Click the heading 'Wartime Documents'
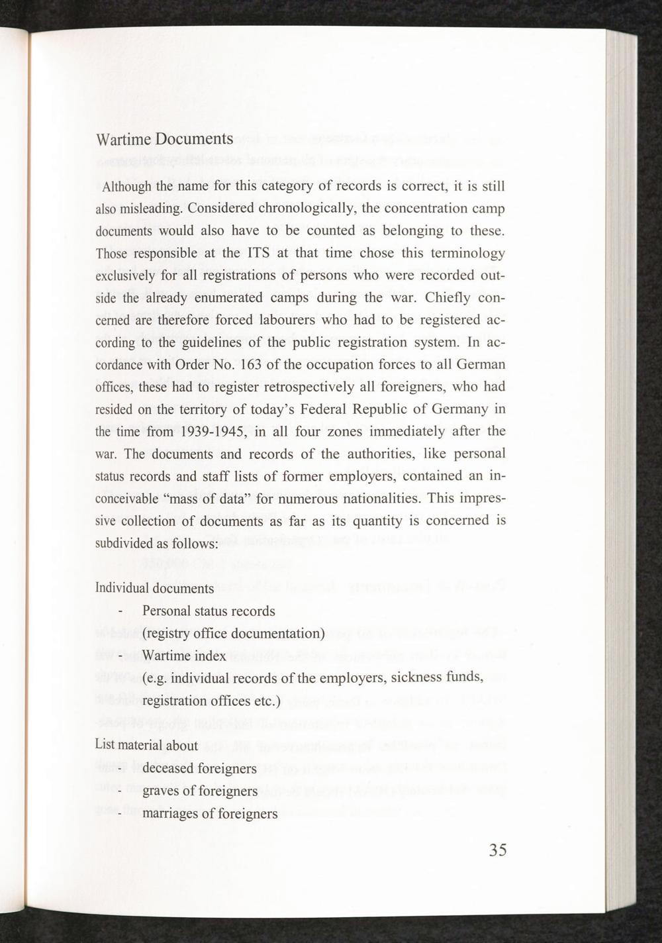click(x=164, y=140)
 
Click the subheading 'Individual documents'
click(x=154, y=588)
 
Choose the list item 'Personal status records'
click(x=209, y=611)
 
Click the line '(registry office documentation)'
click(x=233, y=633)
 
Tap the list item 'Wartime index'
click(x=184, y=656)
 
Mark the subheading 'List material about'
click(x=146, y=745)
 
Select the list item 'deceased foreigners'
click(x=199, y=768)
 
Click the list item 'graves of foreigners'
click(x=200, y=791)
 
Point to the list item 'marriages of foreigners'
click(x=210, y=813)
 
